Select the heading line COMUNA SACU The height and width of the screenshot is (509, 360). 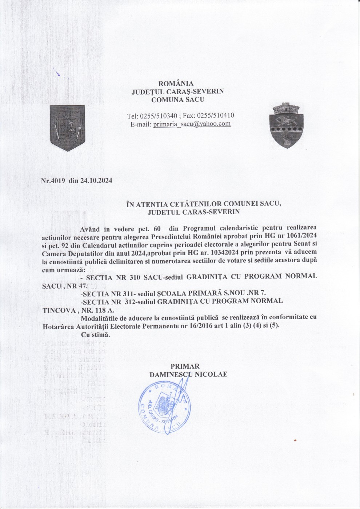coord(178,99)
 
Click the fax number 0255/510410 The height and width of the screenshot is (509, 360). coord(217,116)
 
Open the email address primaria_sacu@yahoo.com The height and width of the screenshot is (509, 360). coord(192,124)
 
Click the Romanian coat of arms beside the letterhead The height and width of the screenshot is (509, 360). coord(67,128)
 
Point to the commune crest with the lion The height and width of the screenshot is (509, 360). coord(285,125)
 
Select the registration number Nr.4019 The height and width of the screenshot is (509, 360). coord(53,181)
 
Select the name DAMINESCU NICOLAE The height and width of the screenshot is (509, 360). coord(188,374)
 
